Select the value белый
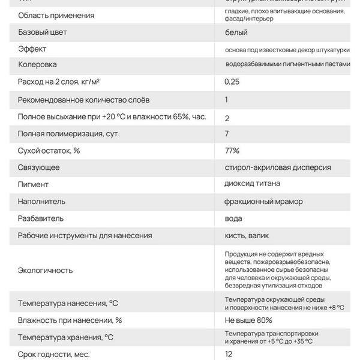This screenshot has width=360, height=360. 236,32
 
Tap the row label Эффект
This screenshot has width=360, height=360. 32,49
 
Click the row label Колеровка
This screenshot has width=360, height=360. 38,64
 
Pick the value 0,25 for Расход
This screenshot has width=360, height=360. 232,82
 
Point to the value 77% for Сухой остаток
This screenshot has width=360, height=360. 232,151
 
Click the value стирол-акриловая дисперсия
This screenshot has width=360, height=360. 278,167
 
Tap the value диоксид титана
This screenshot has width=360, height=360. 253,184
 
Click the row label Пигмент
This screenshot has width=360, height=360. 34,185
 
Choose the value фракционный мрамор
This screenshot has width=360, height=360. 264,201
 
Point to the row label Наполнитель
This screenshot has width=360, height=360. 42,202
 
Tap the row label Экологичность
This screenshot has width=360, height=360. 46,270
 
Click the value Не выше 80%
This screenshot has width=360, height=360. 248,320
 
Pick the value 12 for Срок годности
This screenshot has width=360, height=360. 229,354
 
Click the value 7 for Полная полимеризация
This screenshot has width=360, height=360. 227,133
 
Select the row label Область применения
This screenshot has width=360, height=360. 56,15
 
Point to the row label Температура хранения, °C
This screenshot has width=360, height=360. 65,337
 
